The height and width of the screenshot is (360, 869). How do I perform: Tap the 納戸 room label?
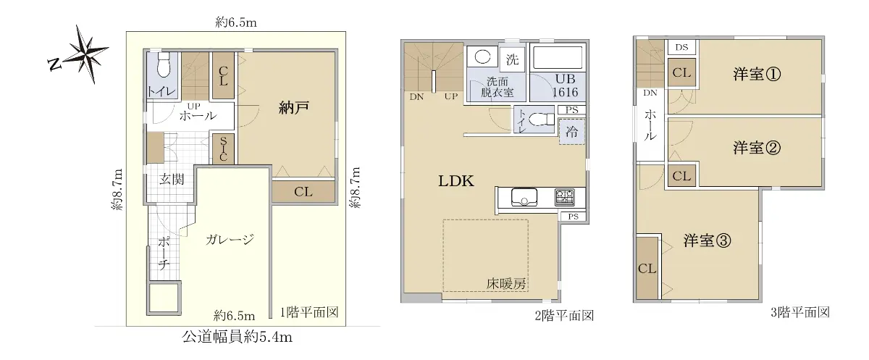click(294, 108)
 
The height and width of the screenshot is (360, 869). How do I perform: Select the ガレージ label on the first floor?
click(230, 239)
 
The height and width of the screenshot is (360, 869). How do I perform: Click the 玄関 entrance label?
click(172, 179)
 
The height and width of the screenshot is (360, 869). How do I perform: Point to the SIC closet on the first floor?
click(223, 149)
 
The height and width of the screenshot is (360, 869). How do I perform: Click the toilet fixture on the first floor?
click(164, 64)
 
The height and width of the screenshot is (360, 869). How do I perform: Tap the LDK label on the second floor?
click(456, 181)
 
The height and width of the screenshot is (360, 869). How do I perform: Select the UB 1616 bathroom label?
click(565, 85)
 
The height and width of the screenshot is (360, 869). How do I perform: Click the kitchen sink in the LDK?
click(524, 197)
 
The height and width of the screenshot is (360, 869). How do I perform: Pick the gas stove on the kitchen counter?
click(564, 197)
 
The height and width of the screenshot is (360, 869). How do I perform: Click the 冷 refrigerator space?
click(571, 132)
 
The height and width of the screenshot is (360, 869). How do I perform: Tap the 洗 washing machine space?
click(512, 59)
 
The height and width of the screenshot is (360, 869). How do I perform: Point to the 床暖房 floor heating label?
click(506, 284)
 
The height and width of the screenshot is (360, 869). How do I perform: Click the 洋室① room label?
click(757, 74)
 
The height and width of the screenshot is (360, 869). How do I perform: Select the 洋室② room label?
click(757, 148)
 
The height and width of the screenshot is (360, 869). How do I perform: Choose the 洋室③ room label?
click(707, 240)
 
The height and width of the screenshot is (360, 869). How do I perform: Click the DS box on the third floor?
click(681, 47)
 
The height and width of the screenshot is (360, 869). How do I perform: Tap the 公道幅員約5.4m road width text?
click(237, 337)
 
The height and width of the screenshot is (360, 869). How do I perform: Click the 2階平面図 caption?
click(564, 316)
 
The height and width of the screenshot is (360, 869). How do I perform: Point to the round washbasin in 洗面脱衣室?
click(482, 57)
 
